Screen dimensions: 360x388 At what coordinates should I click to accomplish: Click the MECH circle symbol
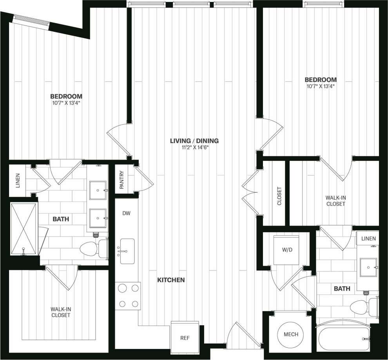point(290,334)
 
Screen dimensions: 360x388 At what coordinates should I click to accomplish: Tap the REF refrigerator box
point(185,337)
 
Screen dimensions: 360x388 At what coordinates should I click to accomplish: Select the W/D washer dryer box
point(286,250)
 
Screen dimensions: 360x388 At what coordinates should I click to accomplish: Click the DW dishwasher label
point(126,213)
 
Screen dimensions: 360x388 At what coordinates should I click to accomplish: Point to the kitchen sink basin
point(127,251)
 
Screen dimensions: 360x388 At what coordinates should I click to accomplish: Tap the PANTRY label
point(121,180)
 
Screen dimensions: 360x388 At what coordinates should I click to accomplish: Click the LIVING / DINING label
point(194,141)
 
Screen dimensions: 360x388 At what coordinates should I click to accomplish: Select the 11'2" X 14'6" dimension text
point(194,148)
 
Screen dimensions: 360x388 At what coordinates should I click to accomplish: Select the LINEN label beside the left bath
point(18,180)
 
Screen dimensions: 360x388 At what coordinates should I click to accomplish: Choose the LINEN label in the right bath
point(368,238)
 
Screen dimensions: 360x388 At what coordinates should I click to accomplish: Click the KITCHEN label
point(171,280)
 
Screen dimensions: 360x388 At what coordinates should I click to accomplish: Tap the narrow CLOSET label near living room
point(279,196)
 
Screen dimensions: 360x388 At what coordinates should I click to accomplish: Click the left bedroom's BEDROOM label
point(66,96)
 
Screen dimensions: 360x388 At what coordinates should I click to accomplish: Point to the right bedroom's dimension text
point(321,86)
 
